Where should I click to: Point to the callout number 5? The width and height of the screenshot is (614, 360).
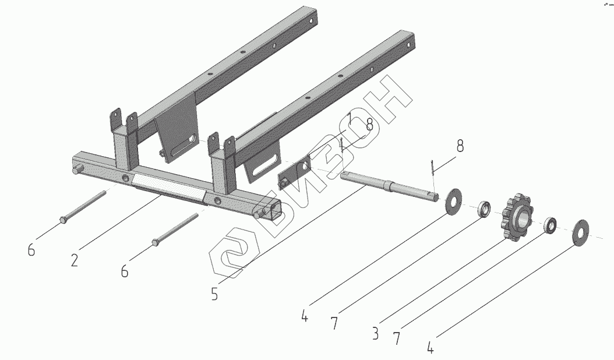coord(214,294)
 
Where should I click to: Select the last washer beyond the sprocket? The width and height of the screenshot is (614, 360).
coord(581,232)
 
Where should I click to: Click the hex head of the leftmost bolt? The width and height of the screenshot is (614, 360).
coord(62,220)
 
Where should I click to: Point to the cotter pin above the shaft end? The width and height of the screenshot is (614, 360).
coord(432,165)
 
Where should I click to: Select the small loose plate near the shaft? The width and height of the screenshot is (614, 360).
coord(295,174)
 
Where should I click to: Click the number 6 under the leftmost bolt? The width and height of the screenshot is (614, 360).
coord(31,250)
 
